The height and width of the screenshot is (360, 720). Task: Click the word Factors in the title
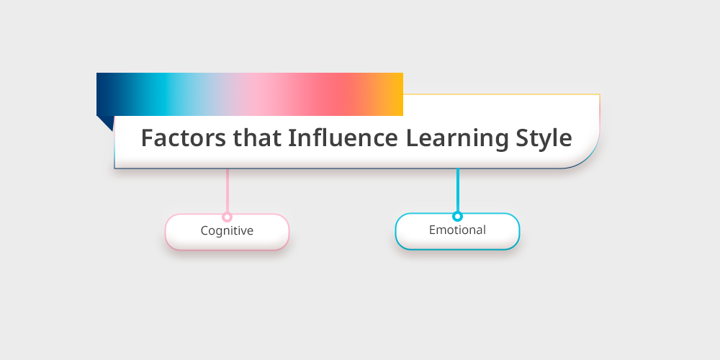pos(183,138)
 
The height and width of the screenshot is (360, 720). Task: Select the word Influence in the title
pos(343,138)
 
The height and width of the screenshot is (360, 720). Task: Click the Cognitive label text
pos(227,230)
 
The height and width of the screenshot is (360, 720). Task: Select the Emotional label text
pos(457,230)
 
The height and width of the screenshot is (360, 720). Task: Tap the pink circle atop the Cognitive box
pos(227,217)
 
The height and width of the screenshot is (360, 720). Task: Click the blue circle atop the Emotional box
pos(457,216)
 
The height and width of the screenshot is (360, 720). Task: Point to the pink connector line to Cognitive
pos(228,191)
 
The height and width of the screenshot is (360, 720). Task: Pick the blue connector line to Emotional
pos(458,190)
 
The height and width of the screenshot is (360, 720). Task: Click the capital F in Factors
pos(147,138)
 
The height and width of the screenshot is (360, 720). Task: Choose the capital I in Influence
pos(291,138)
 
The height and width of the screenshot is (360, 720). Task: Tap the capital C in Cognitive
pos(204,230)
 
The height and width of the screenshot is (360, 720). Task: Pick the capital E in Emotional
pos(432,230)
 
